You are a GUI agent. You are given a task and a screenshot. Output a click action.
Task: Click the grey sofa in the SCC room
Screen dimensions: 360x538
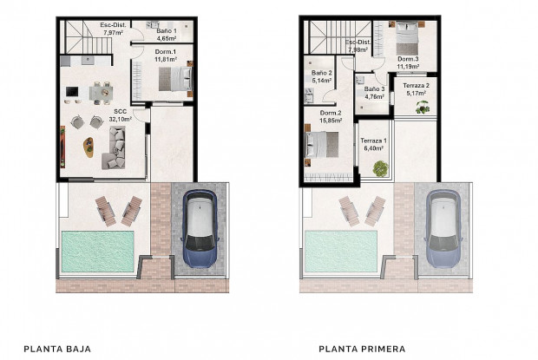point(117,147)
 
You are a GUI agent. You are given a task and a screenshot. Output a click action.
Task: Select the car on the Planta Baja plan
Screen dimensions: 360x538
point(200,227)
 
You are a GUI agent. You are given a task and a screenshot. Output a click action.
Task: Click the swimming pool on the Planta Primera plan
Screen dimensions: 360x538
point(341,251)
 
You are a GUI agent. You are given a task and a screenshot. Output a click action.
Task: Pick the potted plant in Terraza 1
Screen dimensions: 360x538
point(379,169)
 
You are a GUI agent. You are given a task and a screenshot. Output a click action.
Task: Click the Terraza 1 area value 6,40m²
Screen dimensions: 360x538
point(373,147)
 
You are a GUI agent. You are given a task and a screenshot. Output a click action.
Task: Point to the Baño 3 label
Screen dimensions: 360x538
point(374,93)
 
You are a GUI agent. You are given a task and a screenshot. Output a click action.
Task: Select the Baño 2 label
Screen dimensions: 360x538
point(322,76)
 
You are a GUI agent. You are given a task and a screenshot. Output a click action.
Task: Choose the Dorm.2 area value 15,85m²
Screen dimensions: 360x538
point(331,121)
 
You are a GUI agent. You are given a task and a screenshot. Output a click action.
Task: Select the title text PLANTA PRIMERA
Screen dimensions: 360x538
point(362,349)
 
